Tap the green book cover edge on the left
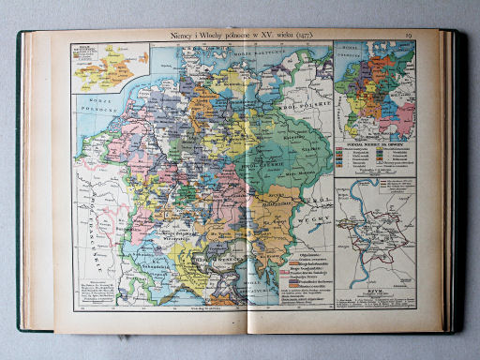pos(19,187)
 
